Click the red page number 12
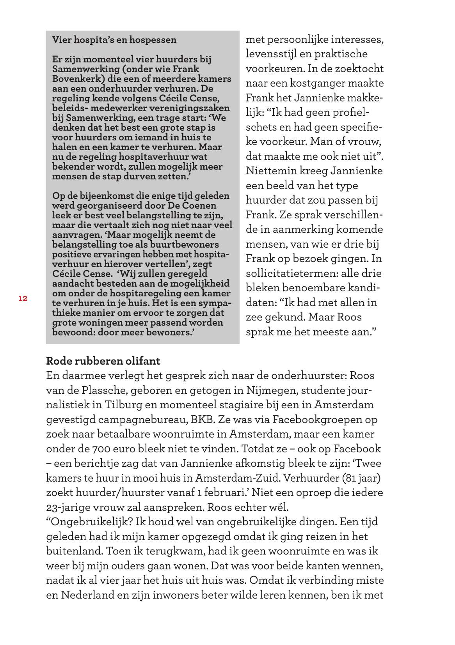coord(23,299)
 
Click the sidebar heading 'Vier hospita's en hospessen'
coord(114,40)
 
